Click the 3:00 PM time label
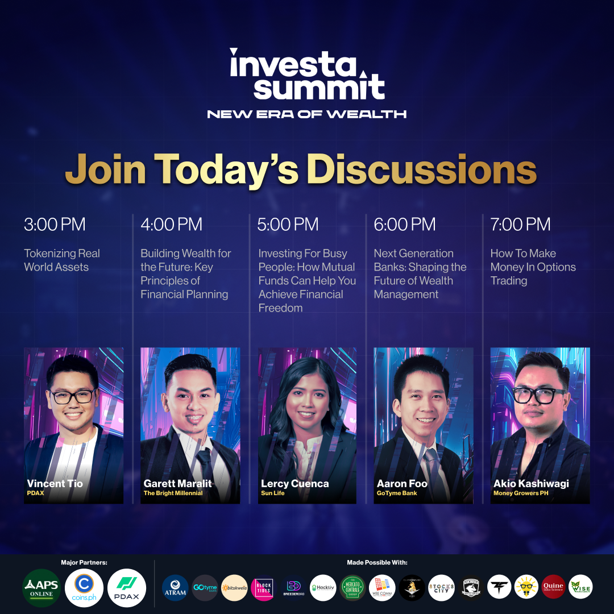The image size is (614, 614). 55,225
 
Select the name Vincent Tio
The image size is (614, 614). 55,484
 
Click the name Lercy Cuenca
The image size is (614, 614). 294,484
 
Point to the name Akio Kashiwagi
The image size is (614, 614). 531,484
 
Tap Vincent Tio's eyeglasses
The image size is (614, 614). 72,396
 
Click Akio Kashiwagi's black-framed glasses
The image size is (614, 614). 539,395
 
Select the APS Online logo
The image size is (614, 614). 41,588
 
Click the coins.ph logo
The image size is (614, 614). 84,588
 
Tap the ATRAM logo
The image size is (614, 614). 175,588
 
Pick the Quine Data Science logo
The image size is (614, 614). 553,587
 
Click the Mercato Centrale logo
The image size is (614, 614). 352,588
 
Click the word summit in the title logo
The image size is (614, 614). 318,88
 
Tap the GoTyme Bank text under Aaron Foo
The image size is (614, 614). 397,493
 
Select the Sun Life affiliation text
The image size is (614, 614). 273,493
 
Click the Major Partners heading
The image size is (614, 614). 84,563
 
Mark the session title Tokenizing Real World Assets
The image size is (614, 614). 61,260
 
